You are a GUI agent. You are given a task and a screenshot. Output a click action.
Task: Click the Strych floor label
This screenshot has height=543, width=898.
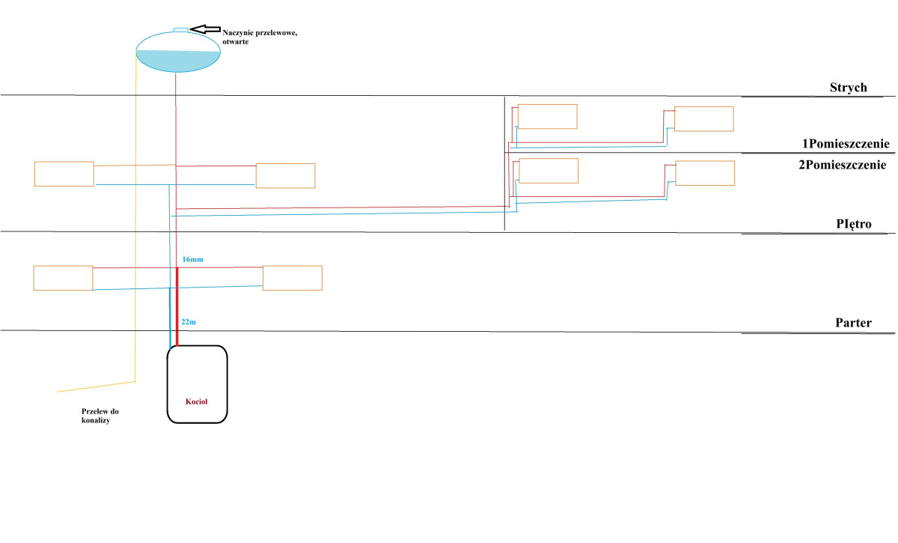pyautogui.click(x=848, y=88)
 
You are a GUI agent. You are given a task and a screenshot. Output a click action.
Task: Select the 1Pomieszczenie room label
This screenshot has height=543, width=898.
pyautogui.click(x=845, y=144)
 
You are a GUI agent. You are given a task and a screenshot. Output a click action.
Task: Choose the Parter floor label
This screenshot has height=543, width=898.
pyautogui.click(x=854, y=323)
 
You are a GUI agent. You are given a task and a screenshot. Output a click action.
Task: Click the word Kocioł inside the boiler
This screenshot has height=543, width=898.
pyautogui.click(x=196, y=401)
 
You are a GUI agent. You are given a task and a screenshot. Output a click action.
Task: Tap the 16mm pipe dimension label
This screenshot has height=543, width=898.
pyautogui.click(x=192, y=259)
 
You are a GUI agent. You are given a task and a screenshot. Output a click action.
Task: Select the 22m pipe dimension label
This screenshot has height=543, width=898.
pyautogui.click(x=189, y=321)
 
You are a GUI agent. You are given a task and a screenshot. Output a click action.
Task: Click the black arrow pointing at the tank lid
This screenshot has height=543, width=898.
pyautogui.click(x=207, y=28)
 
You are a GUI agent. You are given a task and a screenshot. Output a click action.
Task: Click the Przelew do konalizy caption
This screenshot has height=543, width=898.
pyautogui.click(x=100, y=416)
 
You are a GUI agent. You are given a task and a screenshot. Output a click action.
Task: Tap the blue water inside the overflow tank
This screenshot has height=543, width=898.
pyautogui.click(x=177, y=60)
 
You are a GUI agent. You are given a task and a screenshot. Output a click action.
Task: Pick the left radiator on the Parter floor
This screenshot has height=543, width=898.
pyautogui.click(x=63, y=278)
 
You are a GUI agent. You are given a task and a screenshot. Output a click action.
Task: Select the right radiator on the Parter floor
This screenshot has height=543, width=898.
pyautogui.click(x=292, y=278)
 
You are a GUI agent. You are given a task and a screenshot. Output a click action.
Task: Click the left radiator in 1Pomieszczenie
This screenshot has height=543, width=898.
pyautogui.click(x=547, y=116)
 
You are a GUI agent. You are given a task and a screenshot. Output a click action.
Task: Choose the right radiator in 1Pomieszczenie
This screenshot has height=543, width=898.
pyautogui.click(x=703, y=119)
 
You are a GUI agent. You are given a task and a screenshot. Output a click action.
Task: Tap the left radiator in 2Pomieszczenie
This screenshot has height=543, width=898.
pyautogui.click(x=549, y=171)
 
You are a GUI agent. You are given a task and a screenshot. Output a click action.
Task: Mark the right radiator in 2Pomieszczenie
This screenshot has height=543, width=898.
pyautogui.click(x=705, y=173)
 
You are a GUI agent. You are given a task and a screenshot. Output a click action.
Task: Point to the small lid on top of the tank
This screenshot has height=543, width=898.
pyautogui.click(x=182, y=30)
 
